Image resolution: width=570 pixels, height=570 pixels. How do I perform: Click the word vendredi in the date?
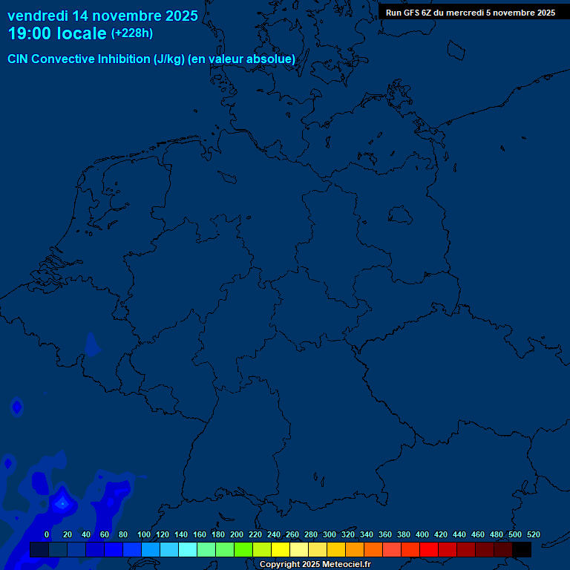pyautogui.click(x=38, y=16)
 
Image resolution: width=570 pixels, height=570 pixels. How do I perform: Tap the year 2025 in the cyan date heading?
pyautogui.click(x=179, y=16)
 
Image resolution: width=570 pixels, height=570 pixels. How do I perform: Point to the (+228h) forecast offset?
pyautogui.click(x=132, y=33)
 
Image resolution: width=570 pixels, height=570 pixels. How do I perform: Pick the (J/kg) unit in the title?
pyautogui.click(x=169, y=59)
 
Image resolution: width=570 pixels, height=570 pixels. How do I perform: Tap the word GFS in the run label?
pyautogui.click(x=413, y=13)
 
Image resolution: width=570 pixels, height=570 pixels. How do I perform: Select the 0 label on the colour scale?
pyautogui.click(x=47, y=534)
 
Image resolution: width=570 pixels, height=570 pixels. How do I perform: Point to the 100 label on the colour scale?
pyautogui.click(x=144, y=534)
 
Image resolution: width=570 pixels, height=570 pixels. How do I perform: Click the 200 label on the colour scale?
pyautogui.click(x=237, y=534)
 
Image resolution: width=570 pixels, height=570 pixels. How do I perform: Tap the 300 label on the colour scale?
pyautogui.click(x=330, y=534)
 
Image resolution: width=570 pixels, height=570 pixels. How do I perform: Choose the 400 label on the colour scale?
pyautogui.click(x=422, y=534)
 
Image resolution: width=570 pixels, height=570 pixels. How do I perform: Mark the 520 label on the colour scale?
pyautogui.click(x=534, y=534)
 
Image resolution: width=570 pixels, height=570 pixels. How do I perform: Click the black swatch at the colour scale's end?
pyautogui.click(x=522, y=549)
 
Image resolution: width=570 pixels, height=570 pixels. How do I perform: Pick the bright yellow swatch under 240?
pyautogui.click(x=281, y=549)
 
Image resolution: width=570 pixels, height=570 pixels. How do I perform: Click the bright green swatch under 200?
pyautogui.click(x=243, y=549)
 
